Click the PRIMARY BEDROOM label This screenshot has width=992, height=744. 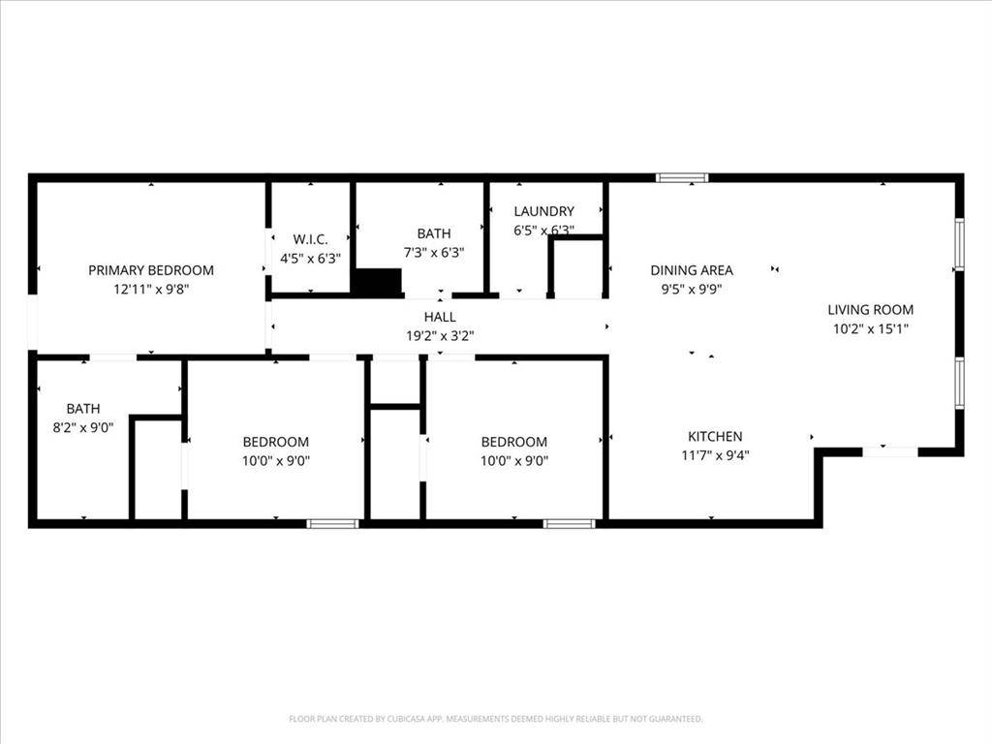[x=151, y=270]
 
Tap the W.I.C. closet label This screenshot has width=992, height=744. [x=311, y=239]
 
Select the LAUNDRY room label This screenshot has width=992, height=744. [x=543, y=211]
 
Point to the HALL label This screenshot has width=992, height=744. [x=440, y=317]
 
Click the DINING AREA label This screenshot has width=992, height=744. [x=692, y=270]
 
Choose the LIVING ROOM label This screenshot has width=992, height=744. [x=870, y=310]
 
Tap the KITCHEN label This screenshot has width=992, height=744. [x=715, y=437]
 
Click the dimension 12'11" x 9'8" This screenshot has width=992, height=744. [x=151, y=289]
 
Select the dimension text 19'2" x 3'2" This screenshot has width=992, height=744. [x=440, y=336]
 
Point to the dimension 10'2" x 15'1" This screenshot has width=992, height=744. [x=870, y=328]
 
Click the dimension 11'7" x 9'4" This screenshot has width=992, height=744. [x=715, y=455]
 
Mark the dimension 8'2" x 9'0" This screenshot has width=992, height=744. [x=83, y=427]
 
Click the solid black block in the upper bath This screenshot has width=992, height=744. [x=377, y=282]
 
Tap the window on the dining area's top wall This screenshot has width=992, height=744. [x=682, y=178]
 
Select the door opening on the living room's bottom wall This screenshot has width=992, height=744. [x=890, y=451]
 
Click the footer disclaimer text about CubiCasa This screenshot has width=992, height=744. [x=496, y=719]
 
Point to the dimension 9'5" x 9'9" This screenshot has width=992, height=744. [x=692, y=289]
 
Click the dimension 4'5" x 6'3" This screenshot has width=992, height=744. [x=311, y=259]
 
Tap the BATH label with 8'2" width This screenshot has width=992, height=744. [x=83, y=409]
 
